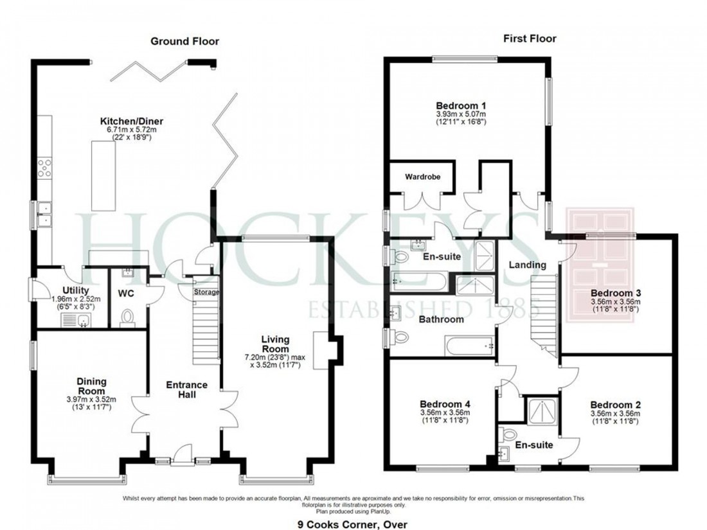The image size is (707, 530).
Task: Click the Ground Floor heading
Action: [184, 41]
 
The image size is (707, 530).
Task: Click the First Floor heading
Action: [529, 39]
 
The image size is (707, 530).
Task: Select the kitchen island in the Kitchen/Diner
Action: [103, 175]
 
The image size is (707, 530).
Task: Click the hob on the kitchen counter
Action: [44, 168]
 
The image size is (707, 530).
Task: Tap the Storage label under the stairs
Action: [207, 292]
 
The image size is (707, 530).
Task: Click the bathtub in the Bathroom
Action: [469, 346]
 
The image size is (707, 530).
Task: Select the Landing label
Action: [528, 265]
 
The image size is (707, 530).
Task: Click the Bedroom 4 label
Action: [444, 405]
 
